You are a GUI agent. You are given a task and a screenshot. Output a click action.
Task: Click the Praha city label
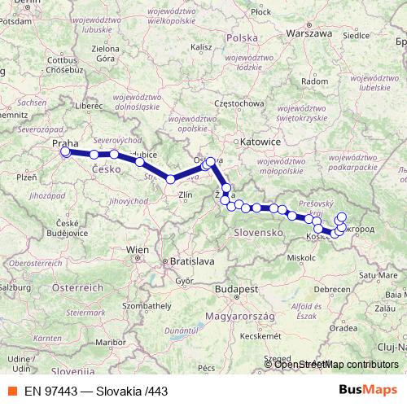pos(65,143)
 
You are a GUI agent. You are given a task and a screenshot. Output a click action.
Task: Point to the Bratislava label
pos(190,261)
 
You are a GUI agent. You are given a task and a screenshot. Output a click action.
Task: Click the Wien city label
pos(137,249)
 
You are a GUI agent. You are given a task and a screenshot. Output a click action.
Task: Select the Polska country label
pos(241,38)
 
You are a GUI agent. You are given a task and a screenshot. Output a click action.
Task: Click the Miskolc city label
pos(301,256)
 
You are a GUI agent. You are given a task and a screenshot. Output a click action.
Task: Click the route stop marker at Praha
pos(65,151)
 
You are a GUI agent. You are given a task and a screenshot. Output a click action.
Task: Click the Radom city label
pos(314,81)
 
